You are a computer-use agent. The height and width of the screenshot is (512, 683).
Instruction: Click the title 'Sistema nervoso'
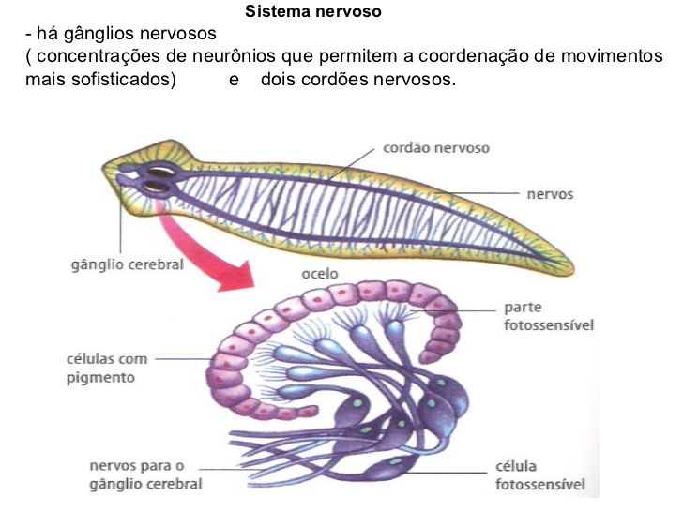pyautogui.click(x=312, y=13)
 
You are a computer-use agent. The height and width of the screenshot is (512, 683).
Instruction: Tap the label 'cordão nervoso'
pyautogui.click(x=435, y=148)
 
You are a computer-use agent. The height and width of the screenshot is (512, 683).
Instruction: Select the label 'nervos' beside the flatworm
pyautogui.click(x=550, y=194)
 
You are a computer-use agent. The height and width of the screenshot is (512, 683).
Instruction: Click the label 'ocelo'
pyautogui.click(x=320, y=274)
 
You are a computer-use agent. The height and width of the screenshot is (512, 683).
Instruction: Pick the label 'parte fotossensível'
pyautogui.click(x=548, y=316)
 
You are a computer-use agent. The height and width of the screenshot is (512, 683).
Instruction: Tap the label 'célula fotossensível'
pyautogui.click(x=539, y=475)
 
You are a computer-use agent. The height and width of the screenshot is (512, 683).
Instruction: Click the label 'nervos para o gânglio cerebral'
pyautogui.click(x=145, y=474)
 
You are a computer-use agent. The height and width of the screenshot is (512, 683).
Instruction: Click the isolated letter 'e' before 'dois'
pyautogui.click(x=234, y=80)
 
